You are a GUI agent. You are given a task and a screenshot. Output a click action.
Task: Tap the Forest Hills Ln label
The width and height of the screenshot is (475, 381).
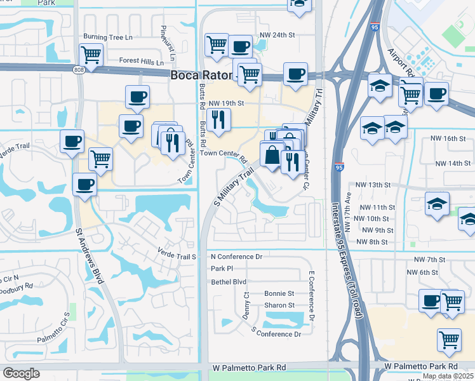141,62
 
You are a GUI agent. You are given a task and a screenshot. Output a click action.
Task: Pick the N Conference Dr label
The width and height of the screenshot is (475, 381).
236,257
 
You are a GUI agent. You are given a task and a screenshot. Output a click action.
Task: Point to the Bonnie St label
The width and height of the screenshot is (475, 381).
279,293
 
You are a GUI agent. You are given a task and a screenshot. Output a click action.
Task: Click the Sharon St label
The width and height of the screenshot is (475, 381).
279,305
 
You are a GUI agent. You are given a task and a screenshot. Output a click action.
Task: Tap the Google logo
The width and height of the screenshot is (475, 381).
21,374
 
